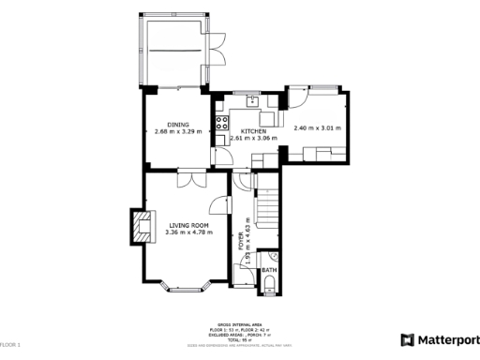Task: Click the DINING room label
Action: pos(177,124)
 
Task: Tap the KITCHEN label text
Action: pos(254,130)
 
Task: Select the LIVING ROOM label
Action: pos(187,225)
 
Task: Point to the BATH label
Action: pos(269,271)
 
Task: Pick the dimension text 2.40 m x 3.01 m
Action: pos(317,128)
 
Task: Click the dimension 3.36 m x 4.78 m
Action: pos(188,232)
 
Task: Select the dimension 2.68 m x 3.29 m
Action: pos(177,131)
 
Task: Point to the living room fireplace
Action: pos(140,226)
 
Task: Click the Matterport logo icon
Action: pos(408,339)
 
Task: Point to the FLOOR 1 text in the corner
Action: pos(10,346)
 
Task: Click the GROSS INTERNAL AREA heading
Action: pos(240,327)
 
